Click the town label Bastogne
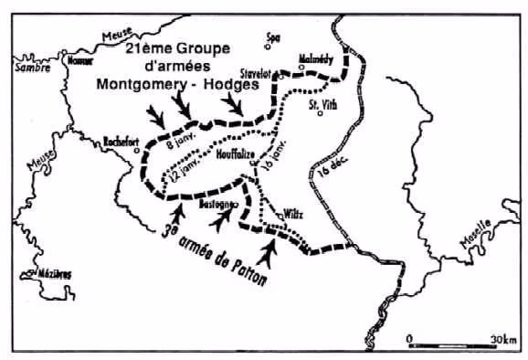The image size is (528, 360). tap(217, 206)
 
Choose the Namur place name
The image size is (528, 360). tap(80, 60)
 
